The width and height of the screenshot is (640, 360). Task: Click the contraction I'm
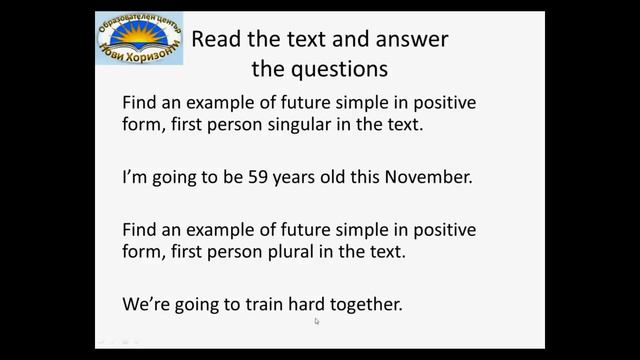(133, 178)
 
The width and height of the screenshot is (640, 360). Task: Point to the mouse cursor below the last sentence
(317, 322)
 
